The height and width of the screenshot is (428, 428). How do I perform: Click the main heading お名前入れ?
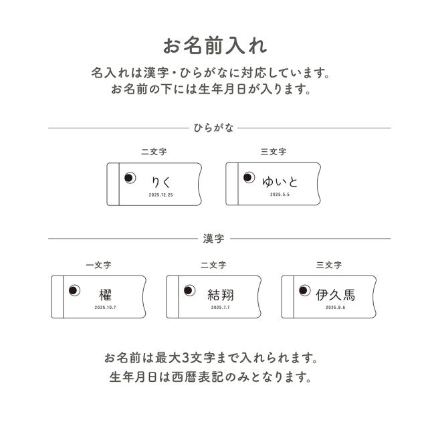215,46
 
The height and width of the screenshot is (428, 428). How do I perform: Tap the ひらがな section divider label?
213,128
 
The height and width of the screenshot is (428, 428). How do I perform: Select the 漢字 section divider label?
213,239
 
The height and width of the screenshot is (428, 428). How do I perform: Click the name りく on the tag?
160,182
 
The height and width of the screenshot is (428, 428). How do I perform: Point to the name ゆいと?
280,182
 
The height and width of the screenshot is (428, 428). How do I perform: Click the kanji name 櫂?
106,295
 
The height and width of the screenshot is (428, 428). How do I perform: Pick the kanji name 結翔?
221,295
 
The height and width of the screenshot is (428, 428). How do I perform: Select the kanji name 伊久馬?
336,295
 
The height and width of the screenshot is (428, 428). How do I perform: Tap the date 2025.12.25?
160,195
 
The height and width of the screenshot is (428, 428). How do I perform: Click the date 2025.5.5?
280,195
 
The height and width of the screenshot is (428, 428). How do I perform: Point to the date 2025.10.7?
106,308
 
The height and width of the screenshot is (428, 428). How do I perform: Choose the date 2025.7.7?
221,308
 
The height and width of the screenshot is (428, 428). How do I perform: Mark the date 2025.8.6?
336,308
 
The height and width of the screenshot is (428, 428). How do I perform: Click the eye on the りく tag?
130,178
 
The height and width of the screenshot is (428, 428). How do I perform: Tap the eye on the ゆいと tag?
249,177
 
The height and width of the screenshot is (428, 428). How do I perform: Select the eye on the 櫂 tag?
74,290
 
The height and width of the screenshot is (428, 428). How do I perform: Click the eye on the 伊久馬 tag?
305,290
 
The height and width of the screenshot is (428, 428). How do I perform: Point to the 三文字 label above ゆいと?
274,152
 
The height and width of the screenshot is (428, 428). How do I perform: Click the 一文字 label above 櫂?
98,265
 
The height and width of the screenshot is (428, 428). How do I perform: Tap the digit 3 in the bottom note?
185,358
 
